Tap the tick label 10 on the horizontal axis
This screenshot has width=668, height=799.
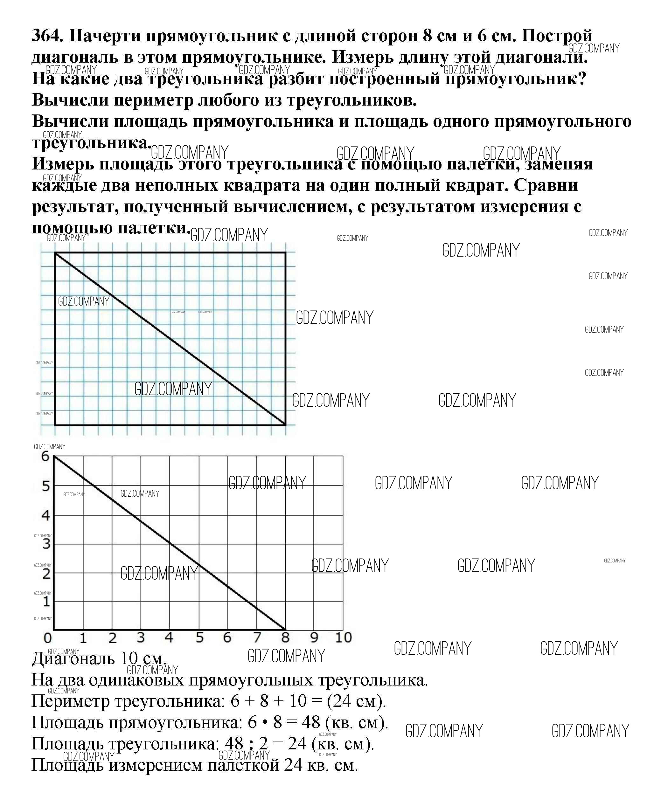pos(343,637)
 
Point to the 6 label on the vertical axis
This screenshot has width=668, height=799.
pos(46,456)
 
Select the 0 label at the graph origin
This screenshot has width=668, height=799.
pos(48,638)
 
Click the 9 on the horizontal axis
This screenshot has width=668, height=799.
pos(314,637)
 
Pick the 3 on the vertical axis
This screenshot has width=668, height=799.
pos(46,544)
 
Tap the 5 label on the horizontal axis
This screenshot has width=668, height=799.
pos(199,637)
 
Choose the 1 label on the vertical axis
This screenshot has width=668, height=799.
pos(46,602)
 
